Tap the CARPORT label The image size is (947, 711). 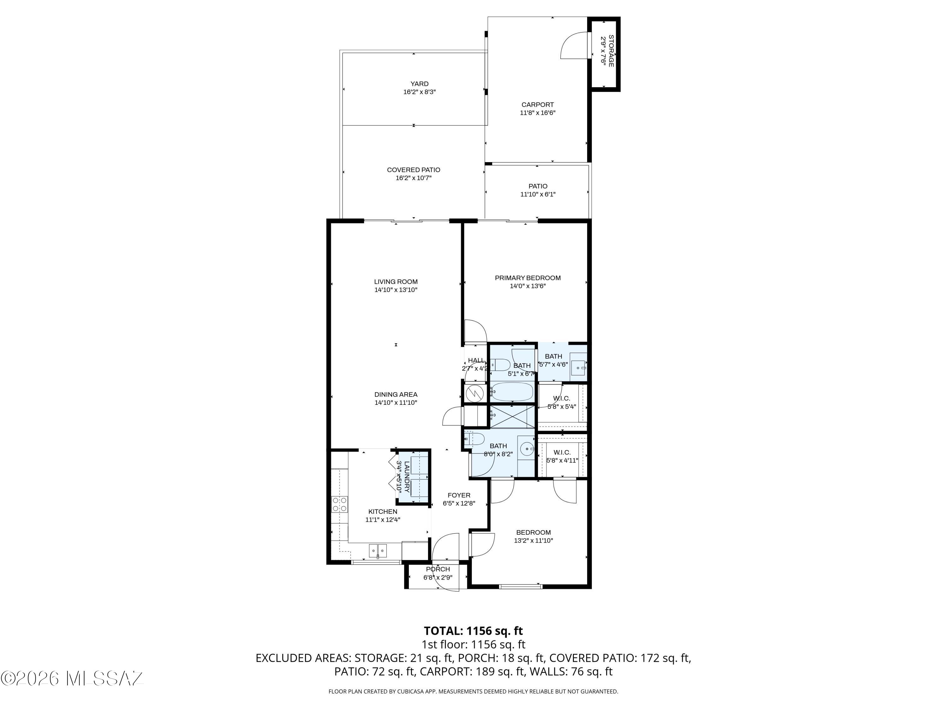click(x=537, y=105)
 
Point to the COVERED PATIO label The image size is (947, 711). click(x=414, y=170)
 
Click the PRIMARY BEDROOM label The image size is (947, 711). click(x=527, y=278)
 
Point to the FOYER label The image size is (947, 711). click(x=459, y=495)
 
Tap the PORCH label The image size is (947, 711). click(x=438, y=569)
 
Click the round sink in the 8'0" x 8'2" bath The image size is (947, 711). click(x=526, y=449)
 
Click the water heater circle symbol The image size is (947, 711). click(x=474, y=392)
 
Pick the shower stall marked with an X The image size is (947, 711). click(x=512, y=416)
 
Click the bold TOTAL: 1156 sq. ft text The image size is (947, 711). click(x=473, y=631)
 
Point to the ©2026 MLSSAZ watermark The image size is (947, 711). click(x=72, y=678)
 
